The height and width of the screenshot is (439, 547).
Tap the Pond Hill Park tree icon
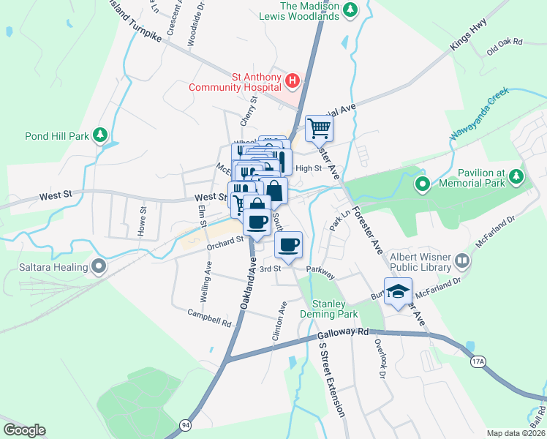coord(100,135)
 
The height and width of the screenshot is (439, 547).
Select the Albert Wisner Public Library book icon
coord(462,260)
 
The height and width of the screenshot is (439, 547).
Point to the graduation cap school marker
coord(398,292)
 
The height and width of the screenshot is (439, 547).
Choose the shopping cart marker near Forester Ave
coord(319,129)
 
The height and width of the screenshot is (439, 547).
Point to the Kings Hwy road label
coord(469,36)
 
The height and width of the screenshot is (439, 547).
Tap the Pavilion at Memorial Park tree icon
coord(517,176)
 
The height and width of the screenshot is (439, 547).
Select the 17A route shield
coord(478,361)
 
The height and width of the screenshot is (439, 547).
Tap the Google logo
coord(24,430)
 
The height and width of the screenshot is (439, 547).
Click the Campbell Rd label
coord(209,318)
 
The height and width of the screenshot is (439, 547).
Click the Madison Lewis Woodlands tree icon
coord(350,9)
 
